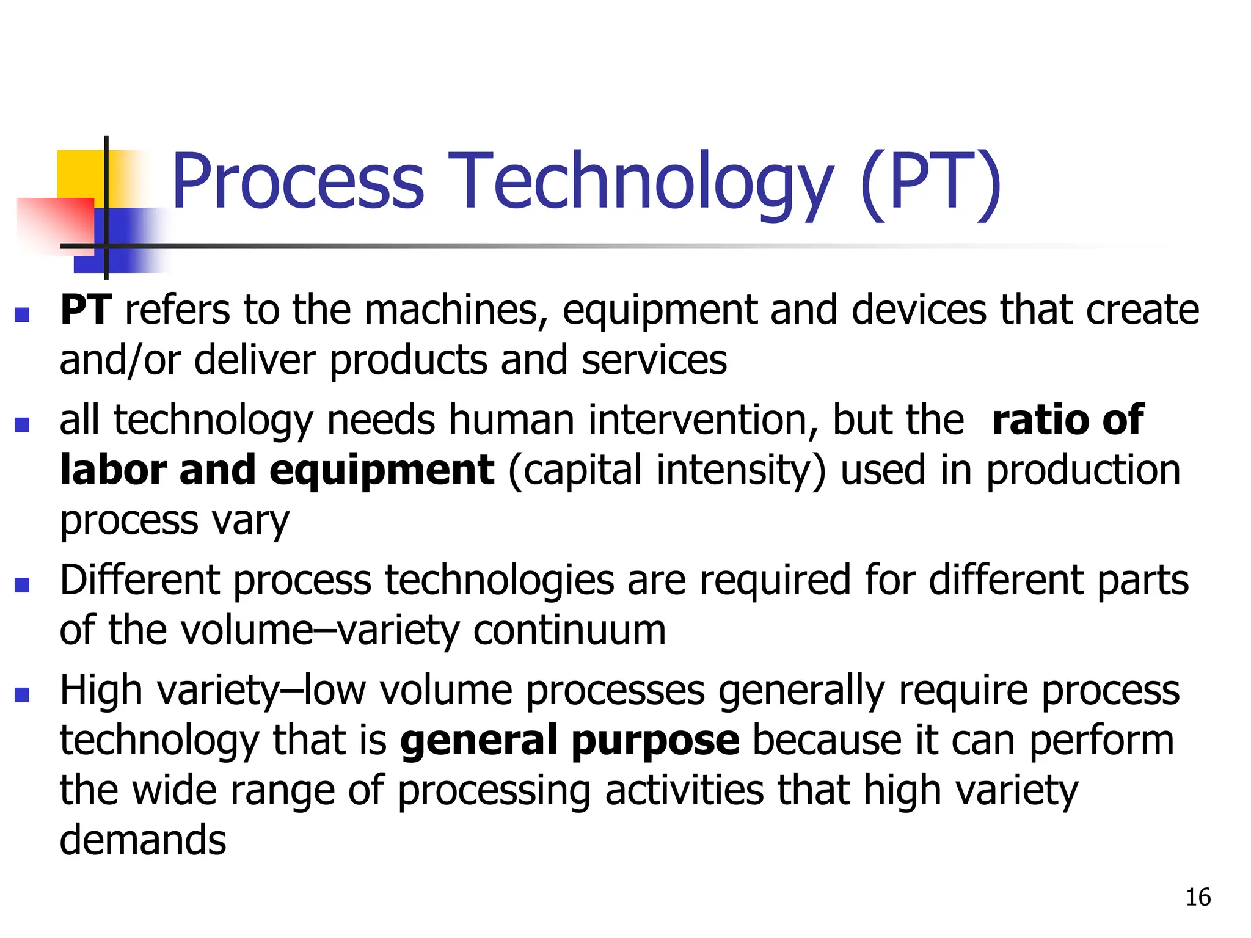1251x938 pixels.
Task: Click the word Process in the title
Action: point(297,181)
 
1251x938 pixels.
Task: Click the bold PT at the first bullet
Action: point(86,310)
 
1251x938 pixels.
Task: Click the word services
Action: point(654,360)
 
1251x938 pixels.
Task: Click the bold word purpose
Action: point(655,740)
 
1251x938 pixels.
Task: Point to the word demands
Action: point(143,840)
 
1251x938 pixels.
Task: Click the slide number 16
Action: point(1198,897)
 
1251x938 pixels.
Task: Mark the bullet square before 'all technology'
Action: point(22,424)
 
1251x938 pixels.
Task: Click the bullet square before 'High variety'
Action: point(22,694)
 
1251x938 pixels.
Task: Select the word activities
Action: point(684,790)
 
